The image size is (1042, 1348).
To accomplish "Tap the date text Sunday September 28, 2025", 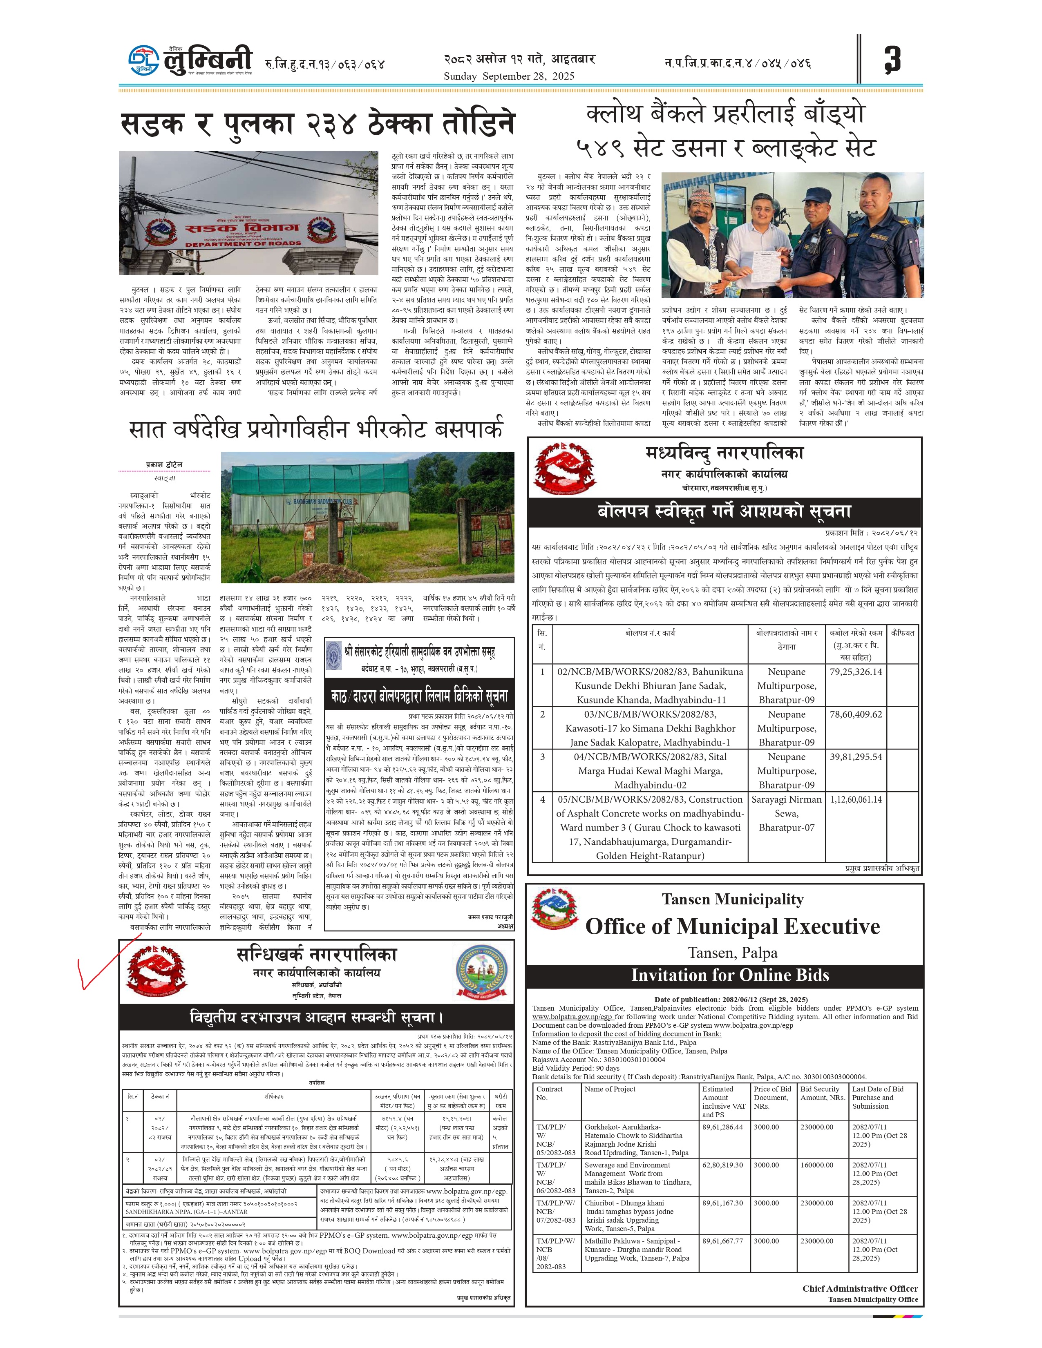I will tap(509, 76).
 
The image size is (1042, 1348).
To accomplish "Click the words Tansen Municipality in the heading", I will tap(732, 899).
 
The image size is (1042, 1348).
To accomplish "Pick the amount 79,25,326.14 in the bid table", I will tap(856, 672).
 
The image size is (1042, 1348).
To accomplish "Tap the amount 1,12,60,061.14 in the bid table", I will tap(856, 799).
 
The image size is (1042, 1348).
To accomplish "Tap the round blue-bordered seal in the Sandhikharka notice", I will tap(483, 973).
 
